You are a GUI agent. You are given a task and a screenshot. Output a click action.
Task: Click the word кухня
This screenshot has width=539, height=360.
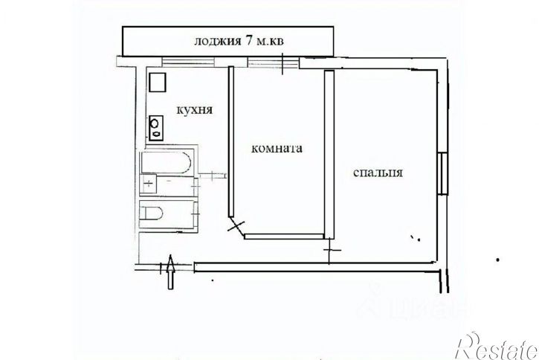[x=195, y=109]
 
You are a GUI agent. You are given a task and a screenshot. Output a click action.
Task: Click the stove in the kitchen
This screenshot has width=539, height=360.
[x=157, y=127]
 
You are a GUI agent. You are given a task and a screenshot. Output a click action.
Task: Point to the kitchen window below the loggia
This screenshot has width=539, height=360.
[x=187, y=62]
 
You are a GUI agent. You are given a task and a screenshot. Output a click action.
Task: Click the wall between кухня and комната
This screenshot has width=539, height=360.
[x=230, y=141]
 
